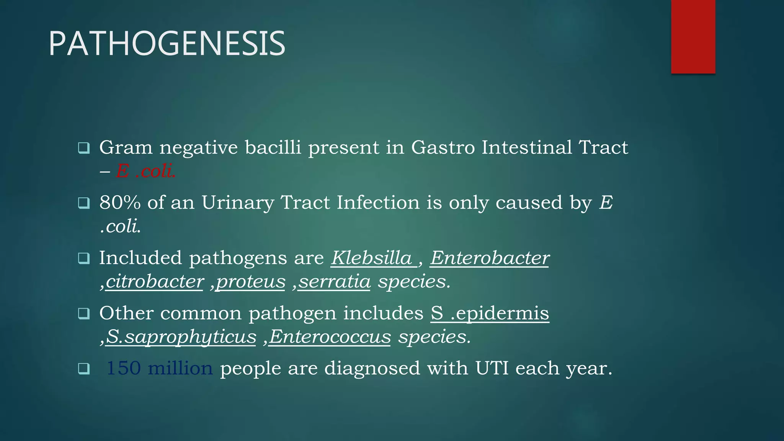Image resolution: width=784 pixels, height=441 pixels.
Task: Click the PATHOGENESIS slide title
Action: [x=167, y=44]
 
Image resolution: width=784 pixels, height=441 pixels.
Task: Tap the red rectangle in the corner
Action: [x=693, y=36]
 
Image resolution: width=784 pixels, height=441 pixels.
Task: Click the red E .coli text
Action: [x=146, y=171]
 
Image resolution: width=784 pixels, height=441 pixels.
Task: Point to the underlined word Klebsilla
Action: [x=371, y=258]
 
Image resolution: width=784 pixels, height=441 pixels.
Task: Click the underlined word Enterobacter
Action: [x=490, y=258]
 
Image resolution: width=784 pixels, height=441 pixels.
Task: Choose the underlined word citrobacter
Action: [x=154, y=282]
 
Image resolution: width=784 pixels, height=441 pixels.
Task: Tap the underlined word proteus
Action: [x=251, y=282]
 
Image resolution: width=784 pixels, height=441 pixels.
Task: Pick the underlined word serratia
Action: [x=334, y=282]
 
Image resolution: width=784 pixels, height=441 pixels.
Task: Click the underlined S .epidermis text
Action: [x=490, y=313]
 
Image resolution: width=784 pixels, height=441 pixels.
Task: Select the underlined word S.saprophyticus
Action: [x=181, y=337]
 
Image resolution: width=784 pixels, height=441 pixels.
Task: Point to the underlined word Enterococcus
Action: [x=330, y=337]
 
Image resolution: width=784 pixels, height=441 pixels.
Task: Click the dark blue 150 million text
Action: [x=159, y=368]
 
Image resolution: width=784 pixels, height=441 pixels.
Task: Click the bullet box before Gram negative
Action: [x=84, y=148]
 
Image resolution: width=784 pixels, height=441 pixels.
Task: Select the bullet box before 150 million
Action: [x=84, y=369]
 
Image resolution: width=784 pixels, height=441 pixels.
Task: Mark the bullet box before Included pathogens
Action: [x=84, y=258]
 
